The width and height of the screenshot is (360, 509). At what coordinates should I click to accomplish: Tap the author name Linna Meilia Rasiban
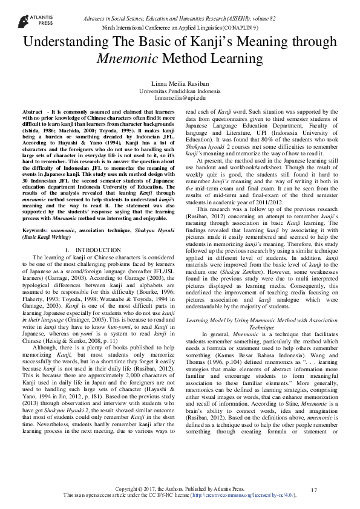coord(180,83)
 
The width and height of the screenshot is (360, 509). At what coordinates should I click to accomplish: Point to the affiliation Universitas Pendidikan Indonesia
coord(180,90)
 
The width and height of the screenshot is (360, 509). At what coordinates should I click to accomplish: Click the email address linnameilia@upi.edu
coord(180,97)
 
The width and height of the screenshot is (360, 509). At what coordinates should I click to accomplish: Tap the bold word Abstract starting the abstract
coord(32,113)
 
